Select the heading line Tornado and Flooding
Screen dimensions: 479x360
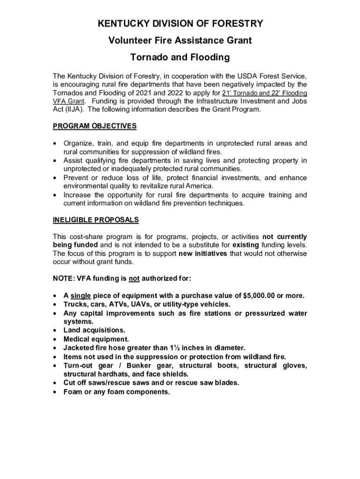pyautogui.click(x=180, y=58)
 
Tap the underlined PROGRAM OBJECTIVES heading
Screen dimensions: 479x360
pyautogui.click(x=94, y=126)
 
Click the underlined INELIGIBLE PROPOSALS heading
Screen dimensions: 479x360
pyautogui.click(x=95, y=220)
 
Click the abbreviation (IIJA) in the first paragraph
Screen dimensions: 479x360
pyautogui.click(x=68, y=109)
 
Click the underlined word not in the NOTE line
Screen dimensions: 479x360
pyautogui.click(x=134, y=279)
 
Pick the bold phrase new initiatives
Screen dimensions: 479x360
pyautogui.click(x=202, y=254)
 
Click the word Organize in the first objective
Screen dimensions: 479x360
pyautogui.click(x=78, y=143)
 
